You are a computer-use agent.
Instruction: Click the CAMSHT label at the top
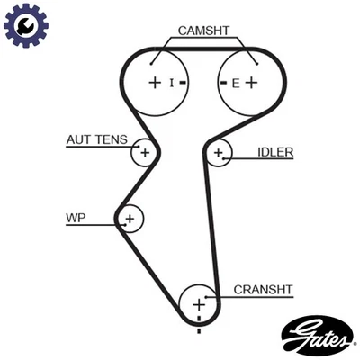[203, 31]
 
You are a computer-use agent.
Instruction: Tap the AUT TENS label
[96, 139]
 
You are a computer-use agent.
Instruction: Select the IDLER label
[275, 152]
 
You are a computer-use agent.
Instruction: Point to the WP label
[75, 218]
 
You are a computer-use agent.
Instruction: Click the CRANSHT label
[263, 290]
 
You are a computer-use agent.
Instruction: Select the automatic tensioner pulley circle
[143, 153]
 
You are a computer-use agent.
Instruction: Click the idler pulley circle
[219, 154]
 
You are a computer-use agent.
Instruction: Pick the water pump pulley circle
[130, 218]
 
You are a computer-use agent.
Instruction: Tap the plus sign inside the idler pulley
[217, 155]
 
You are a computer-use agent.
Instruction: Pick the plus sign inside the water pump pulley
[130, 218]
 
